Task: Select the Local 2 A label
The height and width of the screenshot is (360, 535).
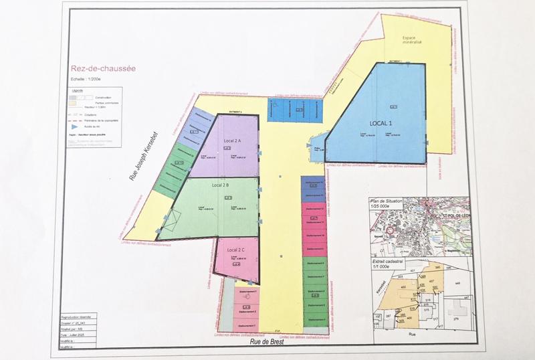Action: pos(233,141)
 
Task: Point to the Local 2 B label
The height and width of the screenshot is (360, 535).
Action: pos(221,185)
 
